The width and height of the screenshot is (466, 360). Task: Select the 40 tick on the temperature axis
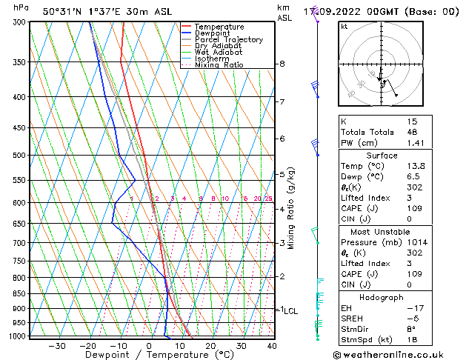point(272,345)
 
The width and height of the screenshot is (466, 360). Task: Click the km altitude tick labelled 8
point(282,64)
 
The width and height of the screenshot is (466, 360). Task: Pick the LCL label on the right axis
point(290,311)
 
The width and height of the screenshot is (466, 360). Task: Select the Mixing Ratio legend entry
point(218,65)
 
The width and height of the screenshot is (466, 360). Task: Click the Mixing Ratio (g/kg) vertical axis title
point(291,208)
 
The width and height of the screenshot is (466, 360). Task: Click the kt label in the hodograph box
point(344,26)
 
